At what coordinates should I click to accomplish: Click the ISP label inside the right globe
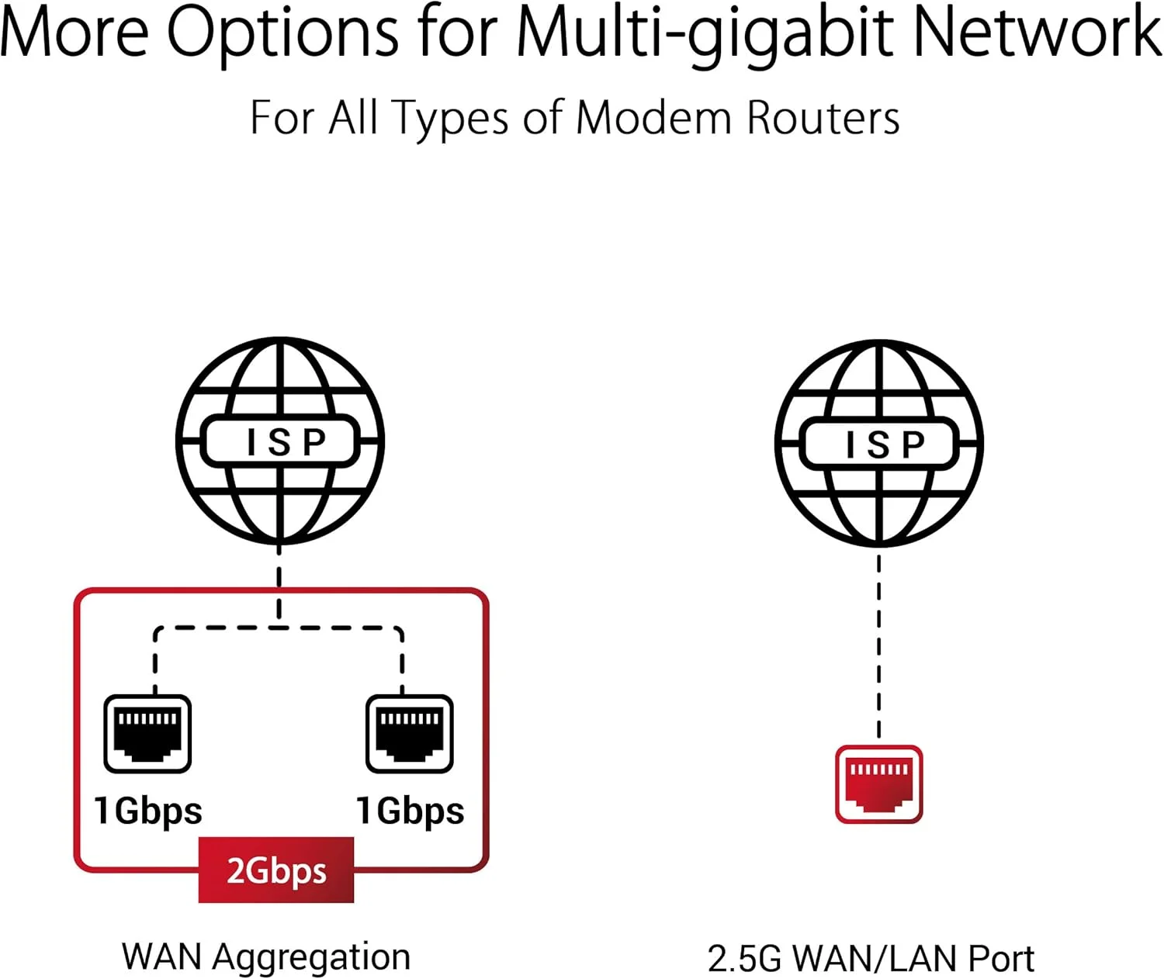tap(879, 444)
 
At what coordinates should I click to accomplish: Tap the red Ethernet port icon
tap(878, 784)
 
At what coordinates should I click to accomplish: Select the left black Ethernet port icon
tap(147, 734)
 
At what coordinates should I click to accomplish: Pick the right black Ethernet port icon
tap(409, 734)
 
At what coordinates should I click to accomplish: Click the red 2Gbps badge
tap(276, 870)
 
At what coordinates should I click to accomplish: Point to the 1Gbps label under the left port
tap(147, 811)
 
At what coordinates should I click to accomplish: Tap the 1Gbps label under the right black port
tap(410, 811)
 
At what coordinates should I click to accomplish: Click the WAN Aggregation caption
tap(265, 957)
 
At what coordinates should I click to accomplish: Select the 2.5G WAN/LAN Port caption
tap(871, 959)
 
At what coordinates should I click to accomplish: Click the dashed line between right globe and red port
tap(878, 644)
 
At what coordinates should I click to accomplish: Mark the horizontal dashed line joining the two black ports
tap(279, 628)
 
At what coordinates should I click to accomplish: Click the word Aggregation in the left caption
tap(311, 957)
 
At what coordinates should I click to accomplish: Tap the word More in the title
tap(74, 33)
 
